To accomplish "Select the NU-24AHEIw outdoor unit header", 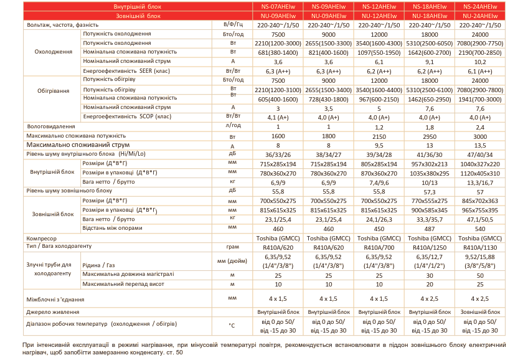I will point(479,15).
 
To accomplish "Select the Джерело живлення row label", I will point(53,311).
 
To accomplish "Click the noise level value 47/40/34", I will point(479,153).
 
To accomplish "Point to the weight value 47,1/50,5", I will point(479,219).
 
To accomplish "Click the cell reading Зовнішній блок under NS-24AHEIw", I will point(479,311).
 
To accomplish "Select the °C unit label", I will point(232,325).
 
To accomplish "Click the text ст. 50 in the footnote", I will point(176,353).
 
